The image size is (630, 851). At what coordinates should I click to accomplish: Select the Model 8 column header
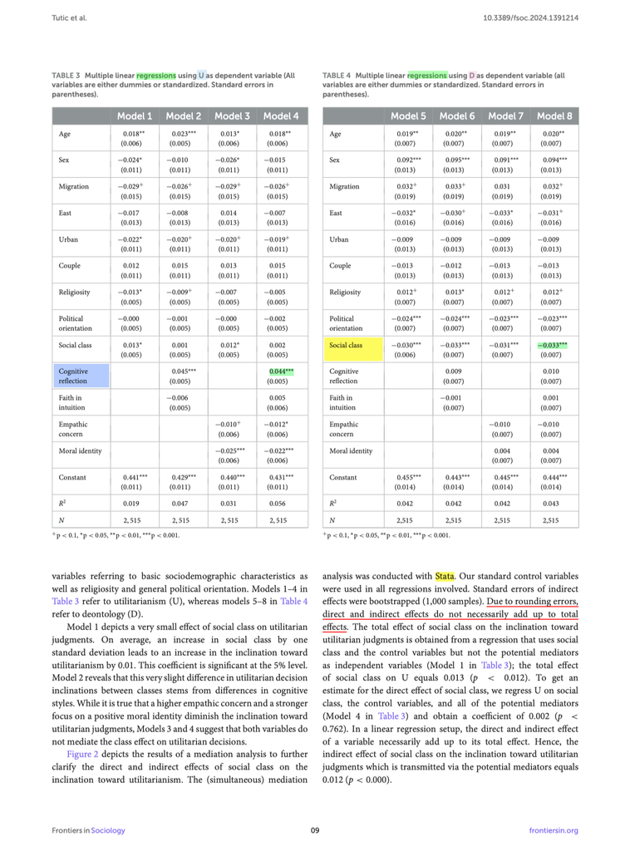point(554,116)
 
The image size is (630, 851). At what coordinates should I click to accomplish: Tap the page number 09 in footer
point(315,830)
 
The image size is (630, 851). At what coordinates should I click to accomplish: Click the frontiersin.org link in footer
point(553,830)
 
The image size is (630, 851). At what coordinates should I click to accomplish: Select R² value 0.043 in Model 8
point(553,504)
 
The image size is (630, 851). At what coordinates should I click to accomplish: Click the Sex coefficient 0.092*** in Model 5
point(407,159)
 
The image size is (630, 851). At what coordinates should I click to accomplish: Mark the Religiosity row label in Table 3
point(76,293)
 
